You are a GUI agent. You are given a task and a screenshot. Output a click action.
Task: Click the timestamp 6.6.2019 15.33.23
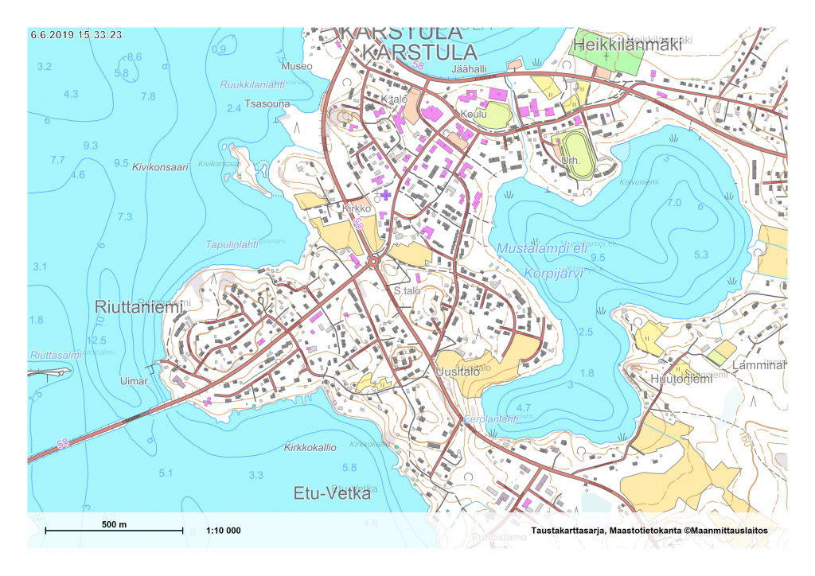76,34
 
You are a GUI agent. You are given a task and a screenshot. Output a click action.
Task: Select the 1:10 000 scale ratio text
223,531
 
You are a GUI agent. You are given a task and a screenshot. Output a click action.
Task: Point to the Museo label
298,66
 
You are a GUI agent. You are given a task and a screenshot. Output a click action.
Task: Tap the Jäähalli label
469,69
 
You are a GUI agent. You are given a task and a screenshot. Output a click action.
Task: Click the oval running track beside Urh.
578,150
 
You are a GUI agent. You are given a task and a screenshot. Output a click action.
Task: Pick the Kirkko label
357,208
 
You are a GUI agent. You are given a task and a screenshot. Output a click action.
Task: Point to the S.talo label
407,291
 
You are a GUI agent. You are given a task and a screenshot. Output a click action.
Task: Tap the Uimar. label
135,382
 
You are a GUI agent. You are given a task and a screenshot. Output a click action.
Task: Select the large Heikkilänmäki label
629,46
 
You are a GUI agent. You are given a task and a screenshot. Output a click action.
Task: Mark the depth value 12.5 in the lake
96,340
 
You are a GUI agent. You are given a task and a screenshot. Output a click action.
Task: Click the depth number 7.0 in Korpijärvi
674,203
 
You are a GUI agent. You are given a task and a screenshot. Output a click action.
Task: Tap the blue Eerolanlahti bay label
491,419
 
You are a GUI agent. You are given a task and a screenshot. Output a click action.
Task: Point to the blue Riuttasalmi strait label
56,355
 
